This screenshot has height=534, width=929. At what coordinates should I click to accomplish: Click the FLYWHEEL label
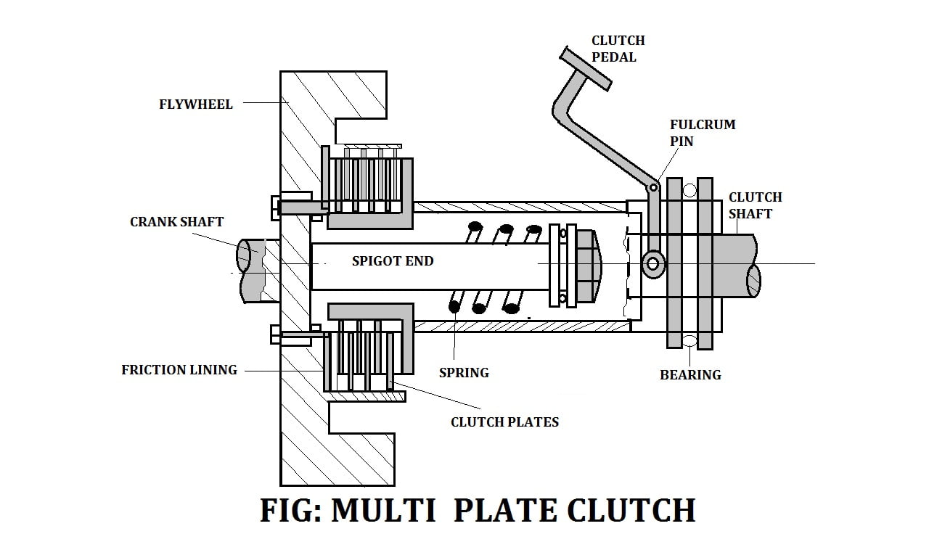(x=196, y=104)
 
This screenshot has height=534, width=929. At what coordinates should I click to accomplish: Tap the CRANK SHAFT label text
(x=176, y=222)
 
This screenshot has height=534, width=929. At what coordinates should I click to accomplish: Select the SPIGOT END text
(x=393, y=260)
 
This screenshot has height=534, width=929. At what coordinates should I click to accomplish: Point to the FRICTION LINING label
(x=179, y=370)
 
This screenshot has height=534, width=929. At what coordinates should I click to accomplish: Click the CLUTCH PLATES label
(x=504, y=422)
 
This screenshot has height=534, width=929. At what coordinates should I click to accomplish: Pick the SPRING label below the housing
(x=464, y=373)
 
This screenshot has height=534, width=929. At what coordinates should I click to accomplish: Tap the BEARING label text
(x=690, y=375)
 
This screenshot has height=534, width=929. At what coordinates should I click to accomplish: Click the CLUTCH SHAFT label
(x=756, y=205)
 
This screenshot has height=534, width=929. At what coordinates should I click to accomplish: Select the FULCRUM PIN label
(x=703, y=133)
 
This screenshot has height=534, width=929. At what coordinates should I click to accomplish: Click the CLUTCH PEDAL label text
(x=618, y=49)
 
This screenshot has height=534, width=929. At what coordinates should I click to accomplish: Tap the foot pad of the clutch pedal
(x=585, y=68)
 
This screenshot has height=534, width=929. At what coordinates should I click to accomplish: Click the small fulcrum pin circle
(x=653, y=187)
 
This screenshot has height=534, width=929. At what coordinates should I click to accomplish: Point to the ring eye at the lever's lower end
(x=654, y=263)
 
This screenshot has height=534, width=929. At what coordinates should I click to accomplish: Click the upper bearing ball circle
(x=689, y=191)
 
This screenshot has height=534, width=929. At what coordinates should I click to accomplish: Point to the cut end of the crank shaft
(x=247, y=256)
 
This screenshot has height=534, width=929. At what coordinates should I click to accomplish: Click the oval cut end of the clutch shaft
(x=753, y=281)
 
